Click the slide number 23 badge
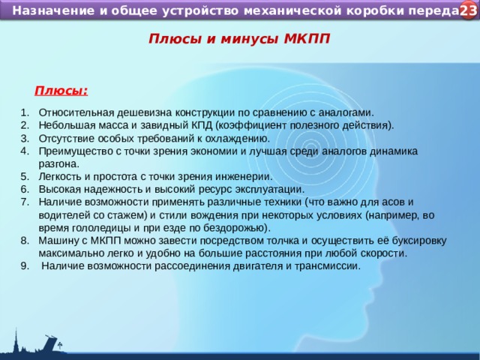[467, 10]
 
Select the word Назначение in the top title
[49, 11]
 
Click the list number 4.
[25, 151]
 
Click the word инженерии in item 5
[244, 176]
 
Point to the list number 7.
[25, 202]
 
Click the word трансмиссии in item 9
[328, 265]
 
